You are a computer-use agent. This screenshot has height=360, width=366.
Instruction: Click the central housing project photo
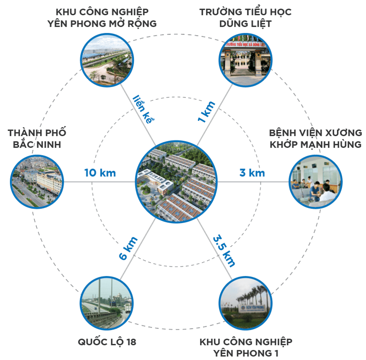point(175,181)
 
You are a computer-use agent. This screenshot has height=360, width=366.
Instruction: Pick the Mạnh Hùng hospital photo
point(315,181)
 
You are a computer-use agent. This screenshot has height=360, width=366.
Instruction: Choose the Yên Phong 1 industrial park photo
point(245,303)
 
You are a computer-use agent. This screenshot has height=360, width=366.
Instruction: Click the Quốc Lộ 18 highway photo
point(106,303)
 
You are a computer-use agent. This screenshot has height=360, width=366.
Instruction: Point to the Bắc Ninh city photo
point(36,181)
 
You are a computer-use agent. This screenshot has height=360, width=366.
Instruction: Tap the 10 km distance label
point(100,173)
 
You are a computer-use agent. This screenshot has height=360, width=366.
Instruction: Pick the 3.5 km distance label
point(224,250)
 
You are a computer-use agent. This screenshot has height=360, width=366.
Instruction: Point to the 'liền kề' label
point(143,109)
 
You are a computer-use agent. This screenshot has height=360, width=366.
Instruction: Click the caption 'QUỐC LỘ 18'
point(107,342)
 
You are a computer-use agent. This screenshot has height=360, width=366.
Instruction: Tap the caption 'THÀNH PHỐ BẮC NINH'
point(37,138)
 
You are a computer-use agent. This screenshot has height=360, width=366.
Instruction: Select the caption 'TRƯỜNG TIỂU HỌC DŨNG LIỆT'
point(245,17)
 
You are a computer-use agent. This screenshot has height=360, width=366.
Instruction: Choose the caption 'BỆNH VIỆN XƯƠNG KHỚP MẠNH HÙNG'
point(315,138)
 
